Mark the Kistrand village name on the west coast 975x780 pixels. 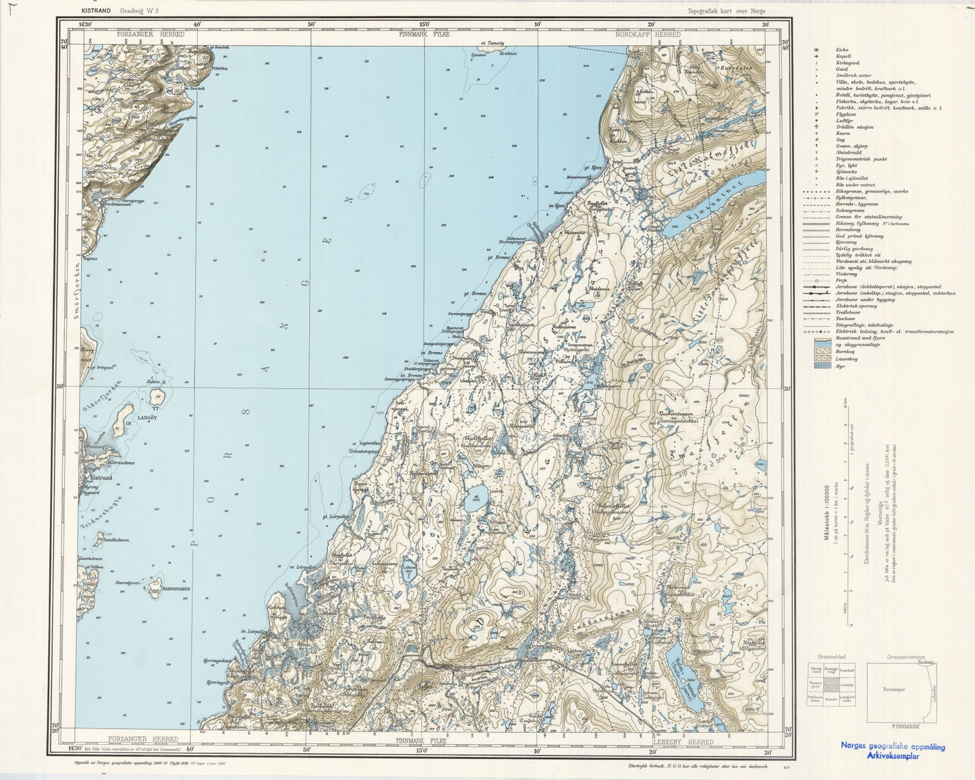(x=100, y=477)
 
